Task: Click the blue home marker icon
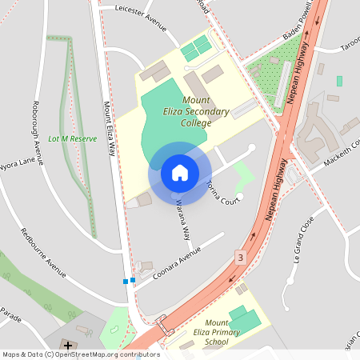(x=180, y=173)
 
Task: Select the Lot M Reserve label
(x=72, y=138)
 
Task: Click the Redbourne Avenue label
(x=47, y=255)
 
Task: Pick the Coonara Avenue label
(x=175, y=259)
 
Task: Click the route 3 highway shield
(x=240, y=257)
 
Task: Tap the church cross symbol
(x=68, y=345)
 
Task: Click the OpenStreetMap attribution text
(x=80, y=354)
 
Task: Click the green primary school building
(x=244, y=319)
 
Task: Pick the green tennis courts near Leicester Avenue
(x=196, y=47)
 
